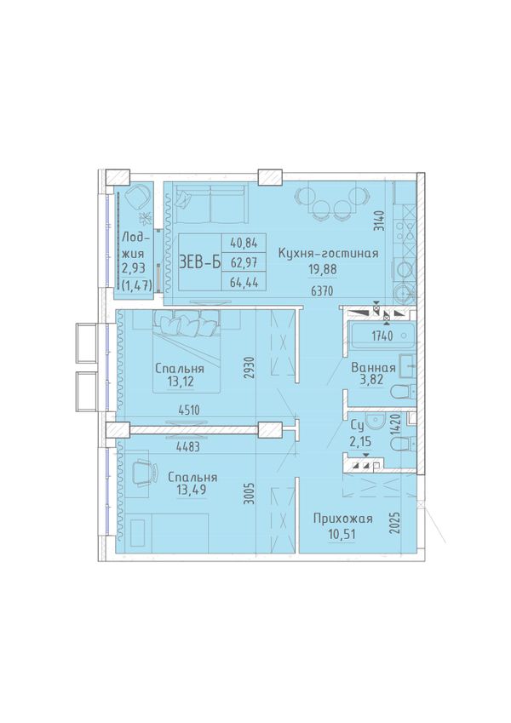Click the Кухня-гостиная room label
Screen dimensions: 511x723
point(328,253)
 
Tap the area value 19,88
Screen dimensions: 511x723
point(323,269)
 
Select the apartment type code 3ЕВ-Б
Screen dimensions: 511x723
point(199,262)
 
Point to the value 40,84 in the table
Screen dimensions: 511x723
point(244,243)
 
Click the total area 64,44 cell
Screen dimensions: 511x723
point(244,282)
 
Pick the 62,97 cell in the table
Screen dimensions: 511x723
point(244,263)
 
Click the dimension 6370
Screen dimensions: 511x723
point(321,291)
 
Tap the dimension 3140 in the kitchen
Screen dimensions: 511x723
point(379,221)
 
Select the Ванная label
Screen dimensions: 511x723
point(373,368)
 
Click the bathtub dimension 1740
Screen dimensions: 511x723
point(382,336)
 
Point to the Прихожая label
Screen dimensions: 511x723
point(342,519)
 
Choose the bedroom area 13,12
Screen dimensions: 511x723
point(180,382)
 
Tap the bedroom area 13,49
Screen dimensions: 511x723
point(192,491)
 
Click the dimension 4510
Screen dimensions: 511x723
point(188,410)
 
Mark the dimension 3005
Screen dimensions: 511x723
point(250,494)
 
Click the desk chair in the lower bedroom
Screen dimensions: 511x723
point(144,473)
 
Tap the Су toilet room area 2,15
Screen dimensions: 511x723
point(360,443)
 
